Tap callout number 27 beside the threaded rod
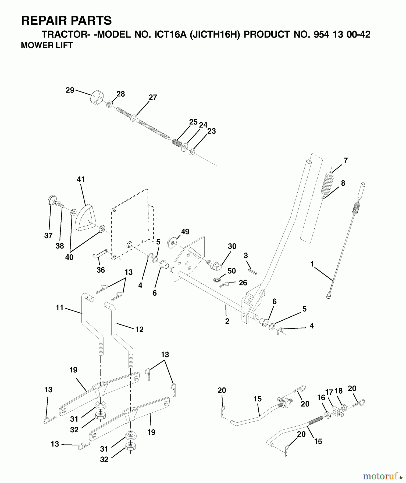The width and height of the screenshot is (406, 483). tap(153, 98)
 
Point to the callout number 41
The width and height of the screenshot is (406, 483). tap(81, 179)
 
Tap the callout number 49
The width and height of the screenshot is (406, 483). tap(185, 232)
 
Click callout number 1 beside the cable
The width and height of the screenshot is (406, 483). tap(312, 264)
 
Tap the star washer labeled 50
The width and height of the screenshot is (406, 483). tap(216, 280)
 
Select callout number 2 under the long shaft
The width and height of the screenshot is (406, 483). tap(227, 321)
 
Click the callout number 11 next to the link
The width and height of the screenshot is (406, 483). tap(59, 308)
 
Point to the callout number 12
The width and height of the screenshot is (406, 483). tap(139, 329)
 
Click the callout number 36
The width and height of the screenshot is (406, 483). tap(101, 270)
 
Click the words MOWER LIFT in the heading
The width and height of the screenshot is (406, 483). tap(47, 46)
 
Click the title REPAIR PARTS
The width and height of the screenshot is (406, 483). tap(66, 21)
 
